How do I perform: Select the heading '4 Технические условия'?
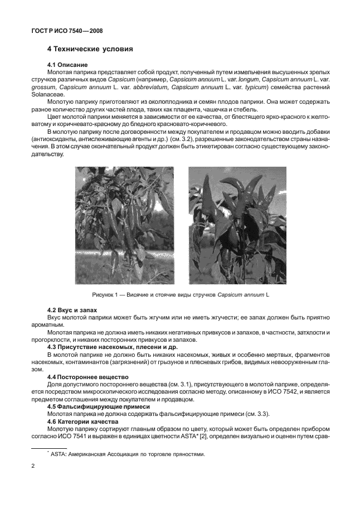click(90, 49)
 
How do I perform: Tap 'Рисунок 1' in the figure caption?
click(106, 294)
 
